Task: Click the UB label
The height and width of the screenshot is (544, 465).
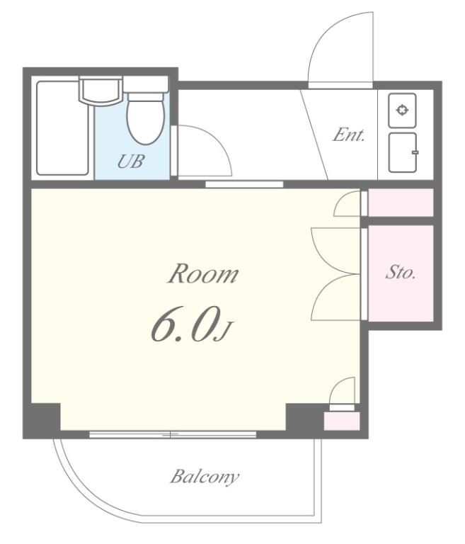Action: (x=130, y=161)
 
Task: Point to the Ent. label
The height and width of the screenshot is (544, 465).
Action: (x=349, y=135)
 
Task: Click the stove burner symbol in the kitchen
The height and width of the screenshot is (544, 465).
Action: (x=402, y=110)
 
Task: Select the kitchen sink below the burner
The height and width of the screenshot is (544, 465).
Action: (x=403, y=152)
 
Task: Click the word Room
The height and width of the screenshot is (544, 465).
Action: (x=204, y=273)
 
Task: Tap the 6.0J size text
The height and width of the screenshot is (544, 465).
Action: (x=190, y=324)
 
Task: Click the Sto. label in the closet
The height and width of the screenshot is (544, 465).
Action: (x=401, y=272)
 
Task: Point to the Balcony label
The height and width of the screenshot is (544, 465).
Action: (x=205, y=476)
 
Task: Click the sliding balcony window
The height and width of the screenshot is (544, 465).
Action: (x=173, y=434)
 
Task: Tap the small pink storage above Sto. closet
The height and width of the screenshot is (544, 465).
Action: (x=401, y=203)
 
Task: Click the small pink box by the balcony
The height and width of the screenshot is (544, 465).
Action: (x=342, y=421)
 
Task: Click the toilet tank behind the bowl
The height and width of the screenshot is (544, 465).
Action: (x=146, y=85)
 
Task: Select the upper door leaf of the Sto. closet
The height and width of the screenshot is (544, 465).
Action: (x=335, y=251)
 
